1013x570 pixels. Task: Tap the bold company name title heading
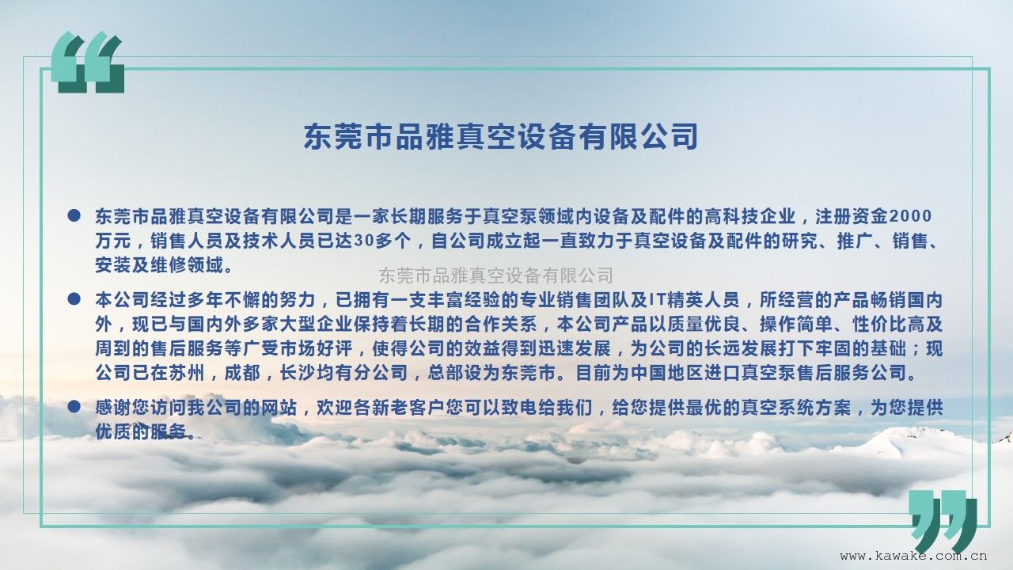pyautogui.click(x=501, y=136)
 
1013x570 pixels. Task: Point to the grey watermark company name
pyautogui.click(x=496, y=275)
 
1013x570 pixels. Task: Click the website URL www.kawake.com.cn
pyautogui.click(x=913, y=556)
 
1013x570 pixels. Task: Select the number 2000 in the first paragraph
pyautogui.click(x=910, y=217)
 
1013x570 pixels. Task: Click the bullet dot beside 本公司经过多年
pyautogui.click(x=74, y=299)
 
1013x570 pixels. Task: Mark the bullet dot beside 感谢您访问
pyautogui.click(x=74, y=407)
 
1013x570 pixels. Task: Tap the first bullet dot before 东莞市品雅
pyautogui.click(x=74, y=215)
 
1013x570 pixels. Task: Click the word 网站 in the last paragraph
pyautogui.click(x=280, y=408)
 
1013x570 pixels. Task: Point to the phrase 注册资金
pyautogui.click(x=852, y=217)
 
